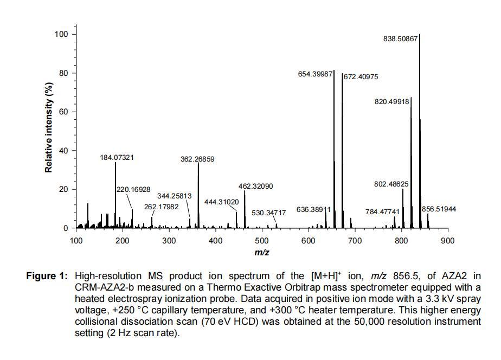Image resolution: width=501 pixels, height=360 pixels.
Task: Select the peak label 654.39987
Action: click(x=316, y=74)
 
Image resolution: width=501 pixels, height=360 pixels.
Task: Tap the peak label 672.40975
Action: click(x=361, y=77)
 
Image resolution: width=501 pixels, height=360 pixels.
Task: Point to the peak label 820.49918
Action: click(x=392, y=101)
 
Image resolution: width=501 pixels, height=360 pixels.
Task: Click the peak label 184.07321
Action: click(x=117, y=158)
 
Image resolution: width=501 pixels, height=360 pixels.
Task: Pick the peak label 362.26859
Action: click(x=197, y=159)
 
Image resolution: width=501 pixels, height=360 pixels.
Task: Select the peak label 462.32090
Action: click(x=255, y=186)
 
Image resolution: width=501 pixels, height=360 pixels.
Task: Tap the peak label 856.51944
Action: click(x=439, y=209)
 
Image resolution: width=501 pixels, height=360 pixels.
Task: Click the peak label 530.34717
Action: click(x=268, y=213)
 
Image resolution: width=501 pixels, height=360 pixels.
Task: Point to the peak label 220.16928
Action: click(x=133, y=189)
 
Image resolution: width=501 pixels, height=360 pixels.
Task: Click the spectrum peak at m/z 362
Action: click(x=198, y=195)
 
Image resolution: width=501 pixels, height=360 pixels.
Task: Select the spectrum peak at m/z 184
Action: click(x=115, y=195)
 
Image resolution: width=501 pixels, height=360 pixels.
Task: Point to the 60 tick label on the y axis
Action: click(x=64, y=112)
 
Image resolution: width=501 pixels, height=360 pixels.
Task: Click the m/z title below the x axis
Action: click(x=262, y=253)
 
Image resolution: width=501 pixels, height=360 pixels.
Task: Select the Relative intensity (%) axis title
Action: click(x=49, y=128)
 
